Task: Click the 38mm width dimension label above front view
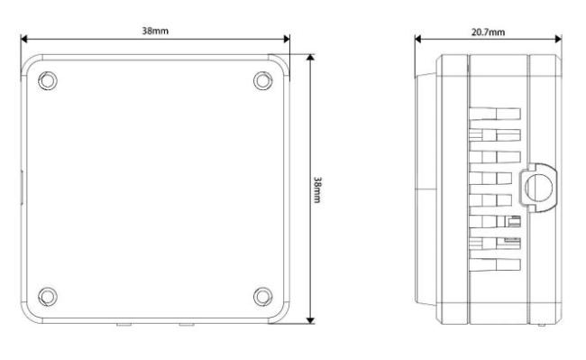pos(155,31)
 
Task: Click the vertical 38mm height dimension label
pos(317,189)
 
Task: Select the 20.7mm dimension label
pos(488,32)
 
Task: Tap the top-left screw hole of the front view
pos(48,80)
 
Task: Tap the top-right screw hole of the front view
pos(262,80)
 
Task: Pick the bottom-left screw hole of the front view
pos(48,297)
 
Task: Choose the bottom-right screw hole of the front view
pos(262,297)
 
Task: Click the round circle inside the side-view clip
pos(538,187)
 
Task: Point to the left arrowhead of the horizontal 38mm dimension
pos(24,39)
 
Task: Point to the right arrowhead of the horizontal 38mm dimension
pos(287,39)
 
